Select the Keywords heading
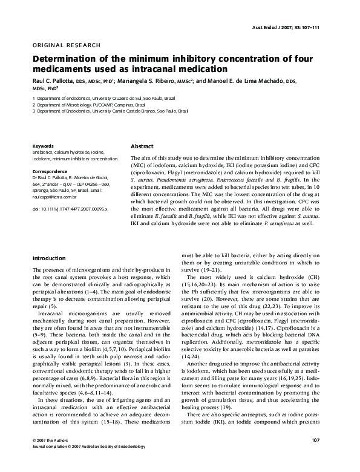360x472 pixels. (x=44, y=146)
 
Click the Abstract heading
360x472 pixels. (x=142, y=146)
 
